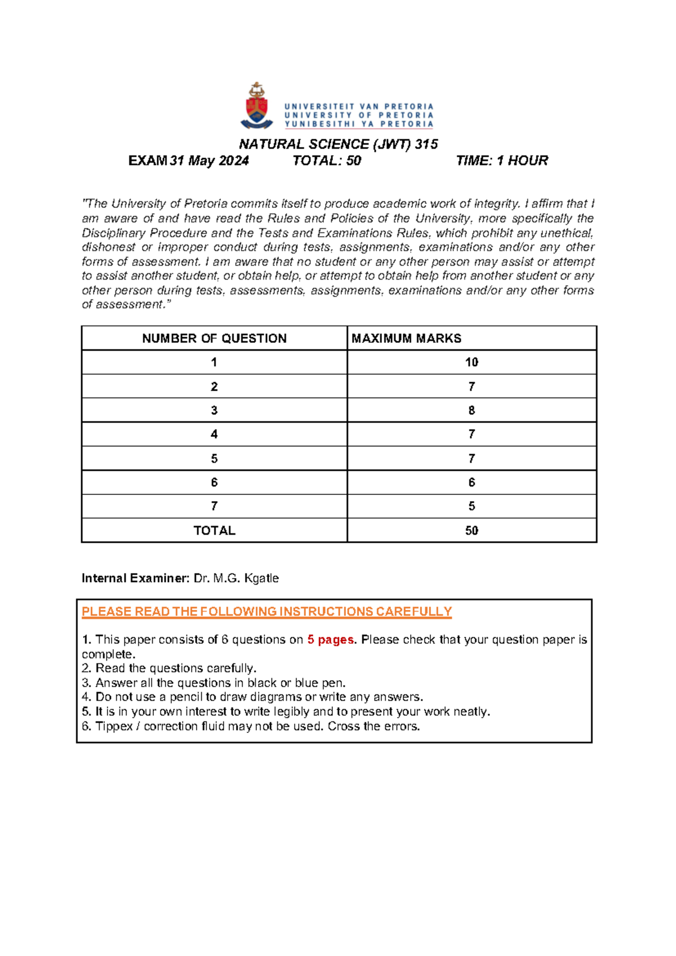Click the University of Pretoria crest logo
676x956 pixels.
[257, 106]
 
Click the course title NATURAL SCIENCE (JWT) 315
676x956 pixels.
[339, 144]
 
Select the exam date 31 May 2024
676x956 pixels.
[209, 161]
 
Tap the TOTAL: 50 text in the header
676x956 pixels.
[327, 161]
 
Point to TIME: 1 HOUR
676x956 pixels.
[501, 161]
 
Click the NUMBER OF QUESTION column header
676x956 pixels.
[214, 338]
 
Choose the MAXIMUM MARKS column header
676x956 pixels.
[406, 338]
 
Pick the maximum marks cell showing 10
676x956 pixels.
[472, 362]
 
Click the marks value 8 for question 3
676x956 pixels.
[472, 410]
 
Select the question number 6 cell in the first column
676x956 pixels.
[214, 483]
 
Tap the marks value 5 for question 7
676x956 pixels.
[472, 506]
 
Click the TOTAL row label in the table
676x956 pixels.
[214, 530]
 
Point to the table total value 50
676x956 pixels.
[472, 530]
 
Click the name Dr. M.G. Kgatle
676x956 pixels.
[236, 578]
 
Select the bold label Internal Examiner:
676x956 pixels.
[135, 578]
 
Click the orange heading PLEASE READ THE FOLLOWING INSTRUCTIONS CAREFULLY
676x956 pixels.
[266, 612]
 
